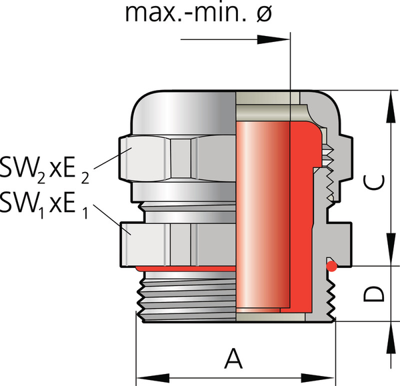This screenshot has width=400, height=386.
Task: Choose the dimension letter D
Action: [376, 293]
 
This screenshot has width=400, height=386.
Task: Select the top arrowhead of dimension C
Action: [387, 101]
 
